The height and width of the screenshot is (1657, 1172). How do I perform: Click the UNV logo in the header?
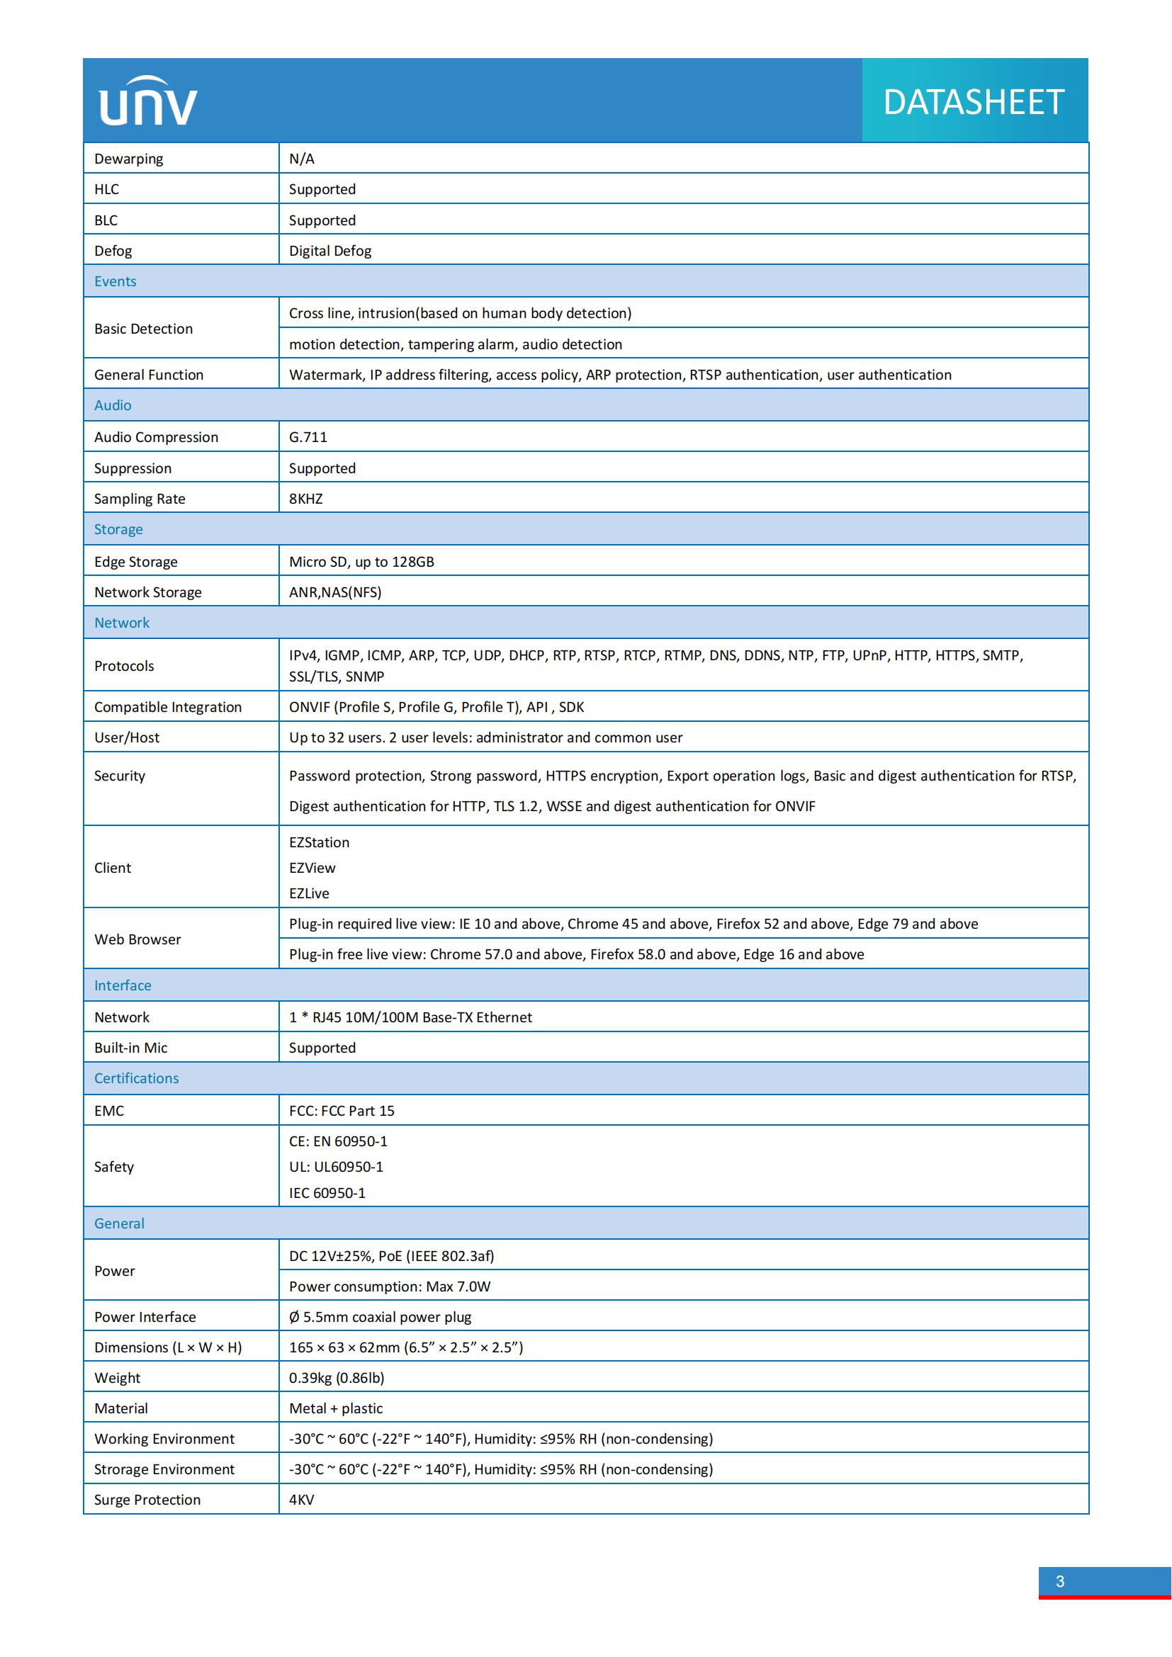coord(148,103)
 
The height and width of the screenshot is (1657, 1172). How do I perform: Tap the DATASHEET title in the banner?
coord(974,103)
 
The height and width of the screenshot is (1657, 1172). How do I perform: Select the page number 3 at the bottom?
coord(1059,1581)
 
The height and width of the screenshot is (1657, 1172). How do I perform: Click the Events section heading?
coord(115,281)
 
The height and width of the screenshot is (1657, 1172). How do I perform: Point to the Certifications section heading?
coord(136,1078)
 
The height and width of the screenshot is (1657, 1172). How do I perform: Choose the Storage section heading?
coord(118,529)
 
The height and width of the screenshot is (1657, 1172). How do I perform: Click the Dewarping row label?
coord(128,159)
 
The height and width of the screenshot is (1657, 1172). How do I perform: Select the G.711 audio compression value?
coord(308,437)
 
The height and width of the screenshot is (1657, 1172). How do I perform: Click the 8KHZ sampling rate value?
coord(306,499)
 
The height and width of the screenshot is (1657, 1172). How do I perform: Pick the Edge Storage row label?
coord(135,562)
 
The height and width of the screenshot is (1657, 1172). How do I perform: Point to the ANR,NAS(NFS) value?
coord(335,592)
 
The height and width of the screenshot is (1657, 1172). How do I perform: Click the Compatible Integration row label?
coord(167,707)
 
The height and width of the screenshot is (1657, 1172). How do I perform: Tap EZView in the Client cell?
coord(312,869)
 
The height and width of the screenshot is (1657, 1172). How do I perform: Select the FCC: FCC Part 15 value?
coord(342,1111)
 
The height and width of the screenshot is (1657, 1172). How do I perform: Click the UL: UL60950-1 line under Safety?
coord(337,1166)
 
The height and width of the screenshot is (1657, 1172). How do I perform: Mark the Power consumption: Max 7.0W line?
coord(390,1286)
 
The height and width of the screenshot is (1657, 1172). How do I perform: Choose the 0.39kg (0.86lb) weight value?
coord(337,1378)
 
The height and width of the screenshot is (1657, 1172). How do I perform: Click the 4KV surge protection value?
coord(302,1500)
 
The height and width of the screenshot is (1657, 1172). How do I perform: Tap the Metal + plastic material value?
coord(336,1408)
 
